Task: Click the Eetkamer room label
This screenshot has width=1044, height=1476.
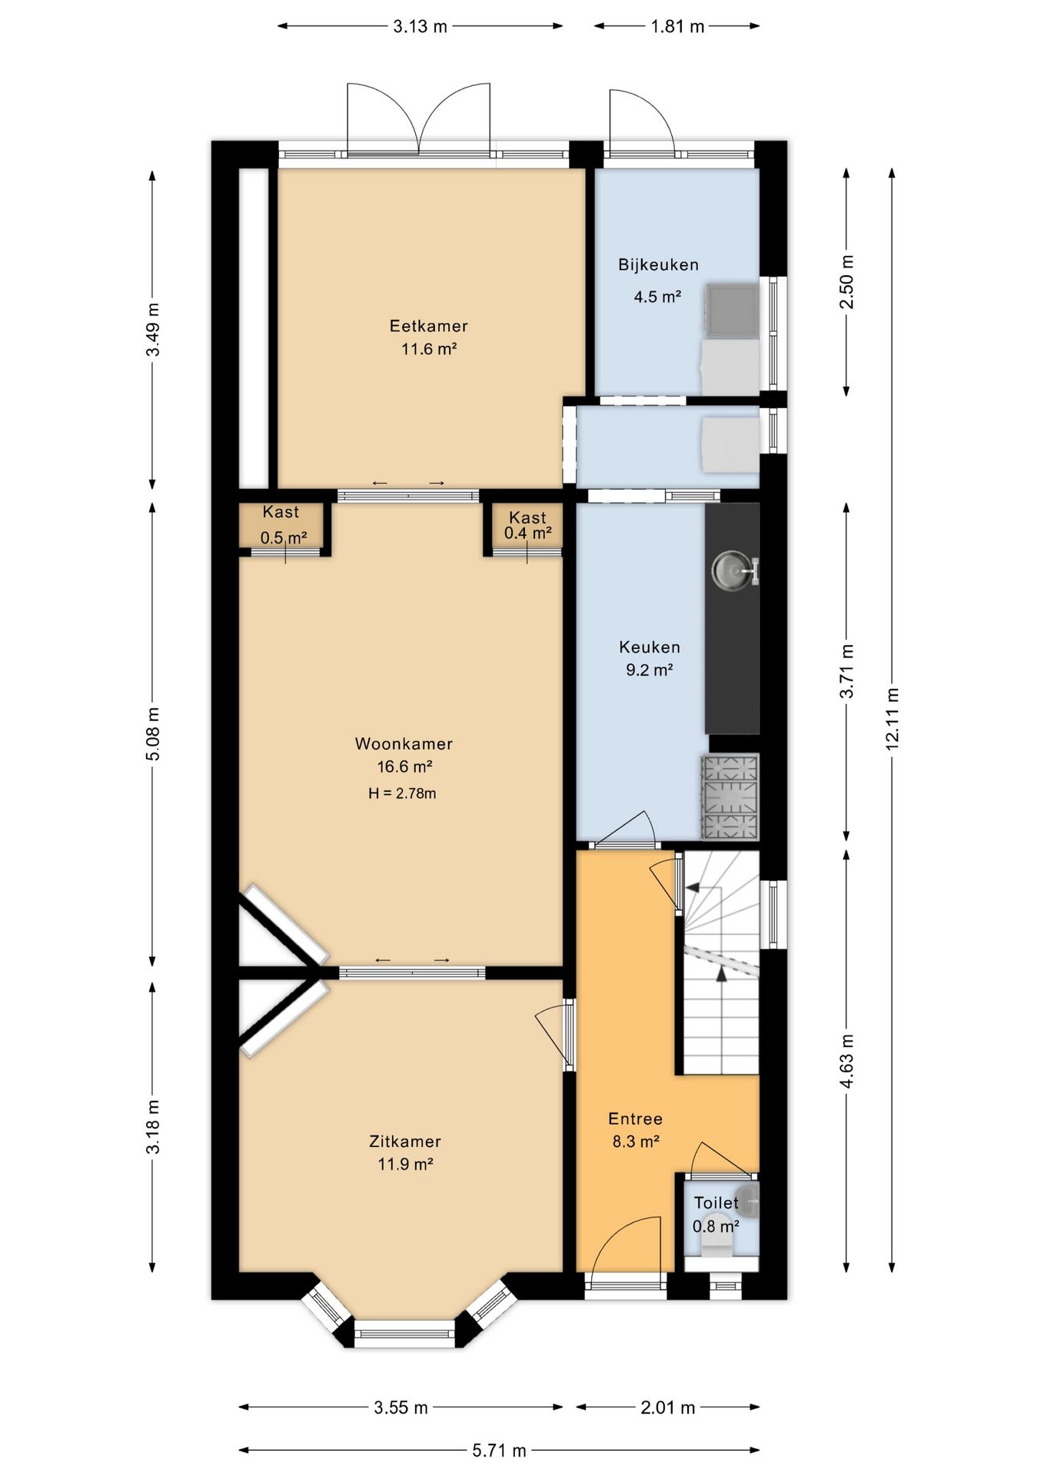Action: (428, 326)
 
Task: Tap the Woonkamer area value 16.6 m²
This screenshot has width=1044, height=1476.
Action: (404, 766)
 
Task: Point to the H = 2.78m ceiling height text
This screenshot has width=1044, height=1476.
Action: (402, 793)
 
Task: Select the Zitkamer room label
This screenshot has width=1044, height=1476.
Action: (404, 1142)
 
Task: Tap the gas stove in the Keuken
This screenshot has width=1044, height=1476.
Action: (730, 796)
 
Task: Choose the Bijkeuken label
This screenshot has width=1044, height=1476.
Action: (658, 265)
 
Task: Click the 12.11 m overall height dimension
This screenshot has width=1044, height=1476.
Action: (892, 720)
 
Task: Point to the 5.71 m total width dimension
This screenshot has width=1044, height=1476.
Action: (499, 1451)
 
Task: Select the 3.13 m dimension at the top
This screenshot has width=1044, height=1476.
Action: (420, 27)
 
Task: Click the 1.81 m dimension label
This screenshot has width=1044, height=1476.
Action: (677, 27)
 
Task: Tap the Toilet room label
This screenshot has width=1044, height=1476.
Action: (716, 1202)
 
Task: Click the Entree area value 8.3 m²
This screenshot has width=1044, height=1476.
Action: (636, 1142)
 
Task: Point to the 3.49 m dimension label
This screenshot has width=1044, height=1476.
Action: (153, 328)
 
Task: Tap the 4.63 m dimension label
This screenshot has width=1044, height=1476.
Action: (847, 1061)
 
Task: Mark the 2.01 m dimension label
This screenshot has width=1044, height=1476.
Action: (667, 1408)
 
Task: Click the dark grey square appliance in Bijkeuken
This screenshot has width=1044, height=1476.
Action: (733, 310)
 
